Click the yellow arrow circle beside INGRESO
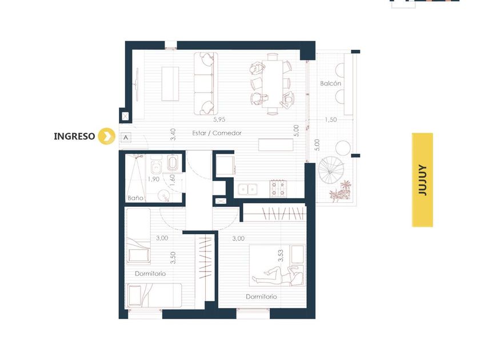[x=106, y=136]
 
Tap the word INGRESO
[x=74, y=136]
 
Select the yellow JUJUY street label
[x=422, y=180]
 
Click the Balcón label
[x=331, y=83]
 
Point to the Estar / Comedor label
[x=217, y=133]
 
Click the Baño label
[x=135, y=198]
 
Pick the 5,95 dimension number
[x=219, y=119]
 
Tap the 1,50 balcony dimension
[x=331, y=119]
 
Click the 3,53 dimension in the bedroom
[x=281, y=256]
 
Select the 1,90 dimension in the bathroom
[x=153, y=179]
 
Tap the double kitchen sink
[x=247, y=190]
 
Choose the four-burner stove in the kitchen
[x=278, y=188]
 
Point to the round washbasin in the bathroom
[x=165, y=195]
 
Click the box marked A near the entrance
[x=126, y=138]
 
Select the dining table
[x=272, y=83]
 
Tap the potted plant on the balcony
[x=341, y=191]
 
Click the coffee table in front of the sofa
[x=170, y=84]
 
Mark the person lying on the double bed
[x=277, y=275]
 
